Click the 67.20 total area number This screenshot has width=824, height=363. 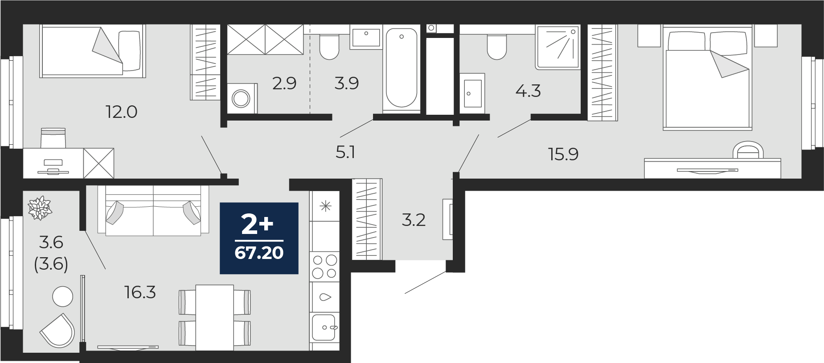pos(259,253)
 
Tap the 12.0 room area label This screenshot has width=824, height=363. pos(121,112)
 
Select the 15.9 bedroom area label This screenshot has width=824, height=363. pos(563,154)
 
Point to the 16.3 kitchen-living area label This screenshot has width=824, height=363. pos(140,292)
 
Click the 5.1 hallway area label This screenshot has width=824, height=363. pos(345,152)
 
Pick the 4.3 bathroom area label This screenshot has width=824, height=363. pos(528,91)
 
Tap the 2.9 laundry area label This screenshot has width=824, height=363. pos(284,83)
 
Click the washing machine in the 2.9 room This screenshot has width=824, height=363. pos(242,98)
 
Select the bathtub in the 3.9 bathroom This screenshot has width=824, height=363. pos(401,68)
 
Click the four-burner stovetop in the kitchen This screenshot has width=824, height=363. pos(325,267)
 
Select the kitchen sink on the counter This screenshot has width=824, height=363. pos(324,327)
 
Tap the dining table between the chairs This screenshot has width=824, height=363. pos(215,317)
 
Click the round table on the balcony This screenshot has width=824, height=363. pos(62,296)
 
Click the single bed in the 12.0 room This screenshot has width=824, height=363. pos(93,51)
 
